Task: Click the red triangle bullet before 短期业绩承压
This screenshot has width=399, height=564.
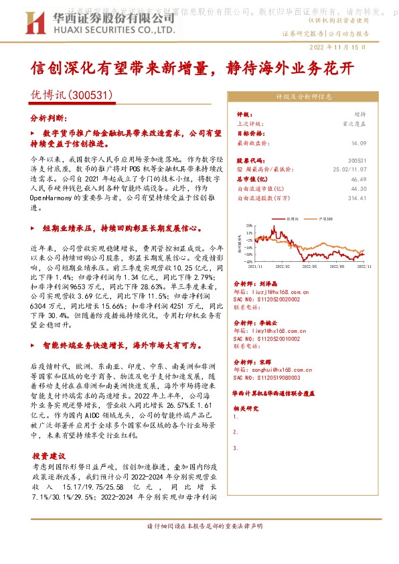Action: pos(33,228)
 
